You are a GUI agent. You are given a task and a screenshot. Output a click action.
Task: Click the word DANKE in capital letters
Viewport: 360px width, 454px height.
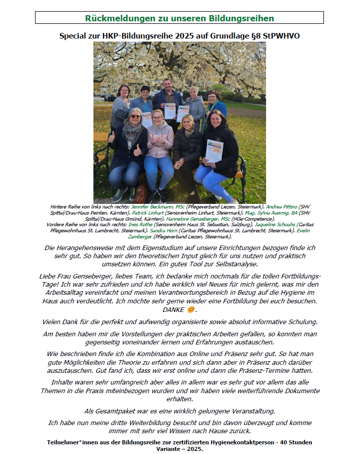coord(173,310)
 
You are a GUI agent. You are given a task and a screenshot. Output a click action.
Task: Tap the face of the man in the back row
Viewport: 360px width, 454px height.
coord(167,84)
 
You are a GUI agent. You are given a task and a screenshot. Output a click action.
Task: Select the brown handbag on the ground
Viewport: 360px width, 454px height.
coord(141,195)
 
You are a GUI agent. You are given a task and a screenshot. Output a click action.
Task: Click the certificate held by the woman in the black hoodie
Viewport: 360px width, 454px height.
coord(214,151)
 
